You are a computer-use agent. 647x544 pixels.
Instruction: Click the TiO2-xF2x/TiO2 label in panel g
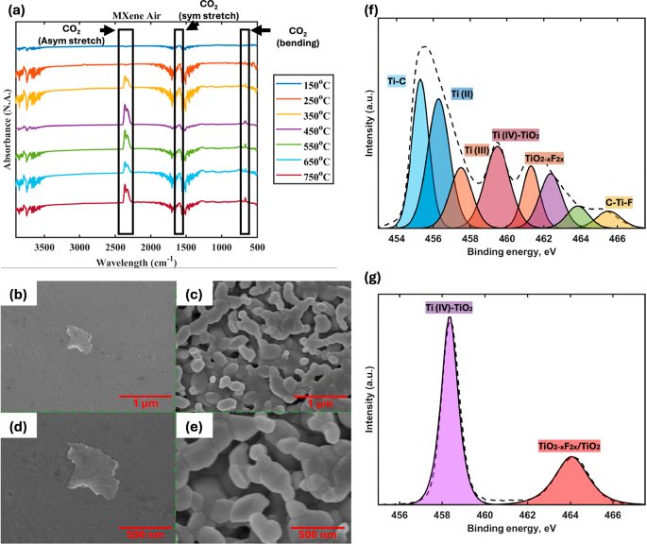[570, 444]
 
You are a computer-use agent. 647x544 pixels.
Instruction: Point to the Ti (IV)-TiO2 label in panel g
[450, 307]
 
